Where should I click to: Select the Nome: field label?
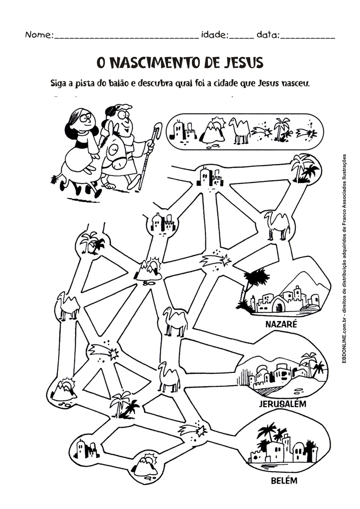click(x=39, y=35)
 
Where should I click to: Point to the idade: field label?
click(x=214, y=35)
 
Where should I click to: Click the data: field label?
click(x=268, y=35)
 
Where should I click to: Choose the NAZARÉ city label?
click(x=281, y=324)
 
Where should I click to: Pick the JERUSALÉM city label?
click(x=282, y=403)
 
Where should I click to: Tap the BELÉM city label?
click(x=283, y=481)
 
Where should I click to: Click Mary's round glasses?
click(x=86, y=118)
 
